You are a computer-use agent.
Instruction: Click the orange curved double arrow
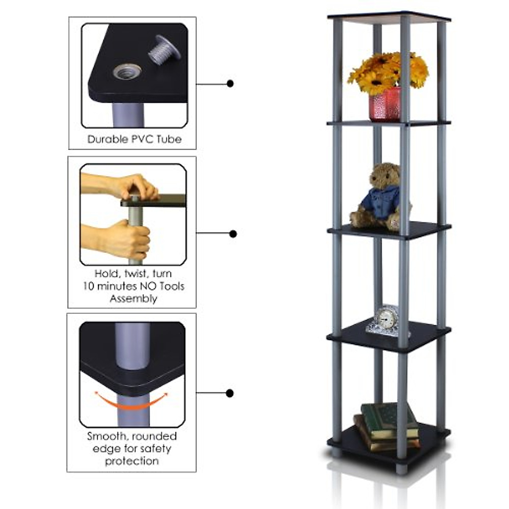coord(131,401)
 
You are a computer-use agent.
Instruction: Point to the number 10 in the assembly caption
coord(89,286)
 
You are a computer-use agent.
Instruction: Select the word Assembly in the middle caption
coord(133,299)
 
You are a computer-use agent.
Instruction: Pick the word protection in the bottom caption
coord(132,461)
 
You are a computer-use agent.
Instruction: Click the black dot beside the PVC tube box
coord(230,84)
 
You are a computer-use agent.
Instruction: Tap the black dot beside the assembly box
coord(232,234)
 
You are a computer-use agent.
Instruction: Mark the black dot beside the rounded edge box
coord(229,393)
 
